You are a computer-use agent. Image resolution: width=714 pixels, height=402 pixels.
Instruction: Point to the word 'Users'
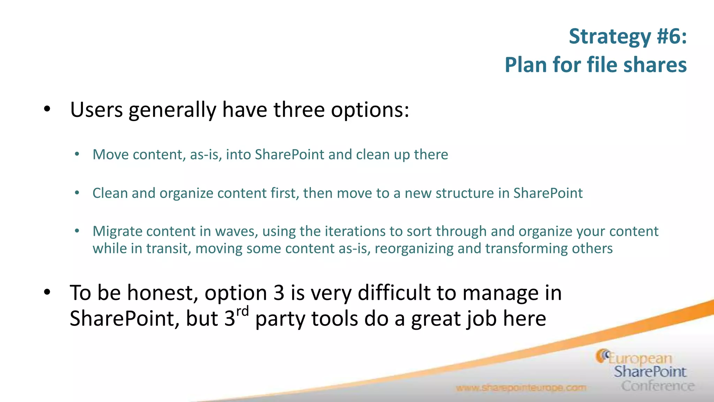pos(96,110)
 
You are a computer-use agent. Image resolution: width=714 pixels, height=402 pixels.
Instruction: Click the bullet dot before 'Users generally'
pos(47,110)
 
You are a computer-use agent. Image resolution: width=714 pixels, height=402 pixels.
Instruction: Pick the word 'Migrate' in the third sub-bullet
pos(117,231)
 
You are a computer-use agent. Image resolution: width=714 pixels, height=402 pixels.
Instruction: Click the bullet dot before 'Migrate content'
pos(77,231)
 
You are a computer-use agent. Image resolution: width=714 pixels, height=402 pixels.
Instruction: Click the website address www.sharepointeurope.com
pos(521,388)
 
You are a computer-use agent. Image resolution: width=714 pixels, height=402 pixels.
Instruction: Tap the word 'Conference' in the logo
pos(658,386)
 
